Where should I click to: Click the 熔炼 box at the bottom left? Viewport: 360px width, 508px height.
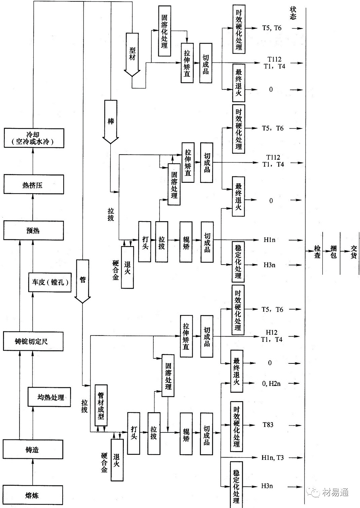click(x=33, y=495)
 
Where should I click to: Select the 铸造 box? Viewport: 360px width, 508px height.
click(x=33, y=449)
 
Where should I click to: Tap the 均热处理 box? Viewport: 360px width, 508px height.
click(x=49, y=397)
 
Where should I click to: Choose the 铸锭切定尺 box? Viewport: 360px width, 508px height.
click(x=33, y=341)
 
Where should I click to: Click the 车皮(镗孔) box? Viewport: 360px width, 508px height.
click(x=50, y=282)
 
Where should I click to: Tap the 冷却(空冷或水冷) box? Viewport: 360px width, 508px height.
click(x=33, y=138)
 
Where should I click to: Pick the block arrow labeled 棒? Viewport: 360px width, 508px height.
click(x=111, y=121)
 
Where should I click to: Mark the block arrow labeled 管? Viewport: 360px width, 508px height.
click(x=82, y=281)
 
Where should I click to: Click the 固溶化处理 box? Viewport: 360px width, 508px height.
click(x=165, y=31)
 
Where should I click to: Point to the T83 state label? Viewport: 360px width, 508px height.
click(x=268, y=425)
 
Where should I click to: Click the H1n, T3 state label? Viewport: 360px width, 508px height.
click(x=272, y=458)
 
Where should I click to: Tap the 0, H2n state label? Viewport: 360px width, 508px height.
click(x=271, y=383)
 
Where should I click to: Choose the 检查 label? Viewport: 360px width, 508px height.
click(x=317, y=252)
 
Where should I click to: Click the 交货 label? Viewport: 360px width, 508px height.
click(x=354, y=252)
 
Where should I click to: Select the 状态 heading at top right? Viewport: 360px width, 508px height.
click(x=293, y=13)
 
